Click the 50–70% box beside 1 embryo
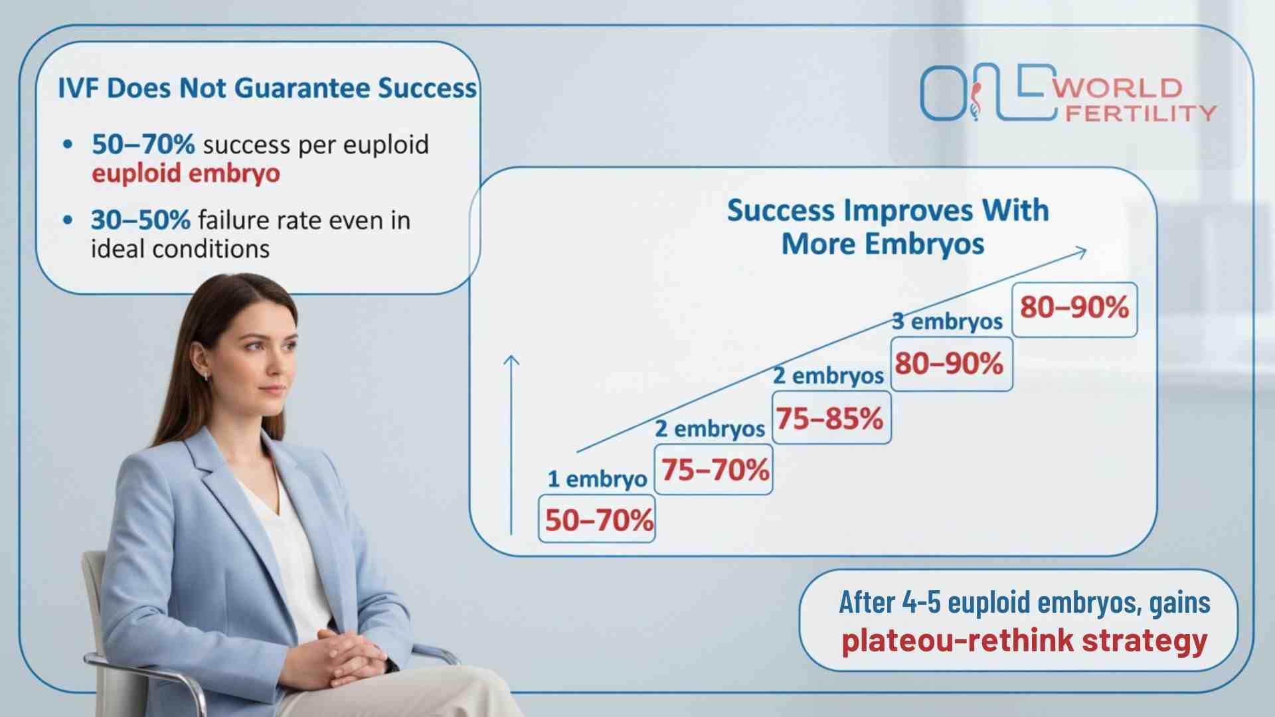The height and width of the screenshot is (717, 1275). (x=597, y=520)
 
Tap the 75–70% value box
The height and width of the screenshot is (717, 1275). (x=714, y=470)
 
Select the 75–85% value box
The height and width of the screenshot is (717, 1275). (x=831, y=418)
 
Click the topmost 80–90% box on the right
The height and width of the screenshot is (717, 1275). (x=1074, y=308)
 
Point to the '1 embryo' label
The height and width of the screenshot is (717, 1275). (x=596, y=479)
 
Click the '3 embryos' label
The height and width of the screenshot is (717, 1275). (x=947, y=321)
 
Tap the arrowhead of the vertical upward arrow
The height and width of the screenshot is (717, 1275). (x=511, y=360)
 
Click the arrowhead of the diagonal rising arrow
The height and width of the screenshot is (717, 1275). (x=1082, y=252)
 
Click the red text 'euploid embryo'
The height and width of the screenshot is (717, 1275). (x=186, y=173)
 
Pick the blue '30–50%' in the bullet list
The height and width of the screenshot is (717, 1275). (x=141, y=220)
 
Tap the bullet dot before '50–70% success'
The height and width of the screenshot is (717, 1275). (x=67, y=144)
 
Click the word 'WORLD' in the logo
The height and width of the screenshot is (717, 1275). (x=1120, y=88)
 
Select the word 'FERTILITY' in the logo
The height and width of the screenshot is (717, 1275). (x=1140, y=113)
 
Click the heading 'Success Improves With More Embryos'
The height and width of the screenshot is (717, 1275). (x=888, y=226)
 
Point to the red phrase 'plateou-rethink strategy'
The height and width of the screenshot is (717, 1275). (x=1024, y=640)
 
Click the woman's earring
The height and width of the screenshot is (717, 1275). (x=207, y=376)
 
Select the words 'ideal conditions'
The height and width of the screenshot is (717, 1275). (x=180, y=249)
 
